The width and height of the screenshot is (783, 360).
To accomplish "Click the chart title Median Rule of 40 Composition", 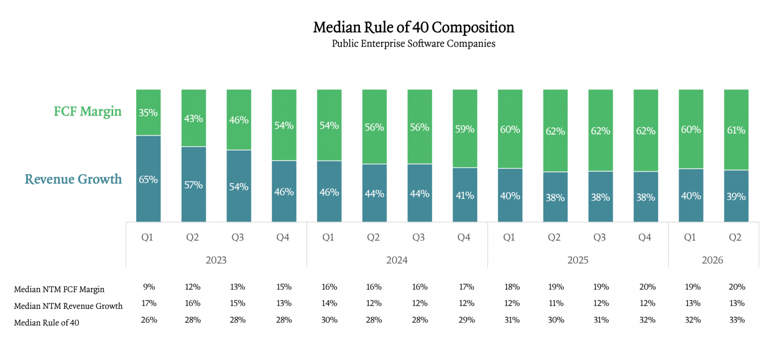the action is (414, 27).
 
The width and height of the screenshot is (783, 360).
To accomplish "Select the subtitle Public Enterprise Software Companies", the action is (414, 44).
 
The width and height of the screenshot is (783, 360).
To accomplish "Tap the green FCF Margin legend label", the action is (87, 111).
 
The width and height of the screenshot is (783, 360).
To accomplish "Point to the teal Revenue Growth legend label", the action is (73, 179).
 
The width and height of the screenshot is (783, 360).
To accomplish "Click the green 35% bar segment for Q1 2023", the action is (148, 112).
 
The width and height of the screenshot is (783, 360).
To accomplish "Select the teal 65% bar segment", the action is (148, 179).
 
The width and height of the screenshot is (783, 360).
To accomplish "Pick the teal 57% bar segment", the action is (194, 184).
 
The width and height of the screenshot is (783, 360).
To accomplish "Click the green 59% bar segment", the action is (465, 129).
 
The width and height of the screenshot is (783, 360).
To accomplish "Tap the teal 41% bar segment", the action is (465, 195).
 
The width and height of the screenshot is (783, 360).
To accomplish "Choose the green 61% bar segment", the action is (736, 130).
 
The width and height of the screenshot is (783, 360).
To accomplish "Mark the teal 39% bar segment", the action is (736, 196).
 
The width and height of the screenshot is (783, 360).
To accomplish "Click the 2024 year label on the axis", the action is (397, 260).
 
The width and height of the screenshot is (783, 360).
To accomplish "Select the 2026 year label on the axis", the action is (712, 260).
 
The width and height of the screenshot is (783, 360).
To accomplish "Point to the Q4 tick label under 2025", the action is (644, 237).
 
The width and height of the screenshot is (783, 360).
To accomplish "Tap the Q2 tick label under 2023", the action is (192, 237).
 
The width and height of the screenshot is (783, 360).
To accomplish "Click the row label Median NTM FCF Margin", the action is (59, 289).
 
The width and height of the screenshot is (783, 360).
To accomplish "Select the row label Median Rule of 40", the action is (47, 323).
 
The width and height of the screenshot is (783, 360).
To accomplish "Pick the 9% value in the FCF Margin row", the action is (149, 287).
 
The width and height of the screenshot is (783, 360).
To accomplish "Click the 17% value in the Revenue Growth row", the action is (149, 303).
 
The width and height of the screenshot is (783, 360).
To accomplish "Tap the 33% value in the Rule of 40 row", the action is (737, 320).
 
